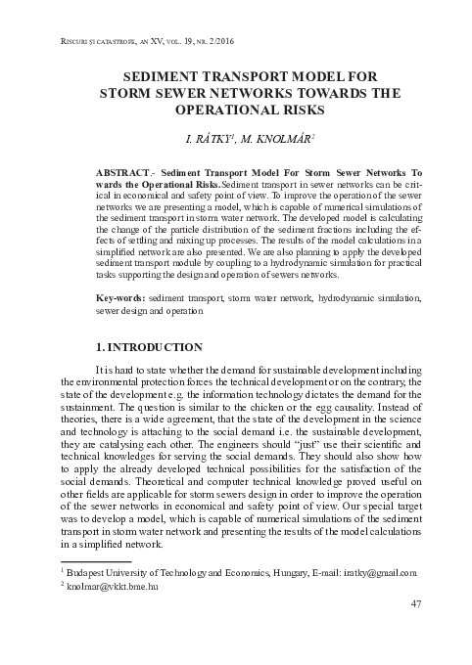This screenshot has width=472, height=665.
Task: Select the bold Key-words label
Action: coord(122,296)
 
